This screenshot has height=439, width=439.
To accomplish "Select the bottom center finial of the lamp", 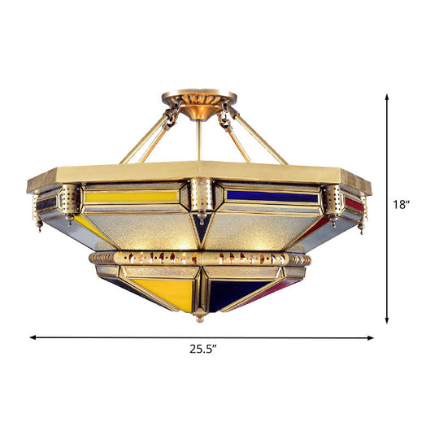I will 198,319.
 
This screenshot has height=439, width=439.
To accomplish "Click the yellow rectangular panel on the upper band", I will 133,196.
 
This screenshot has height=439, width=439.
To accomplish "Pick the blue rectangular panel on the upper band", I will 271,196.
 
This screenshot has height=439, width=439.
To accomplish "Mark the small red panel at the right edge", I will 354,203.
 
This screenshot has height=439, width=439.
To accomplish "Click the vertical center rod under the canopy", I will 198,140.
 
